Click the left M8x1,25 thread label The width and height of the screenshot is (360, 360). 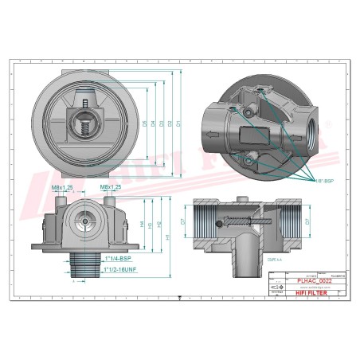[x=61, y=188]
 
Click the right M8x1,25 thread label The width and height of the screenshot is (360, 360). [x=111, y=188]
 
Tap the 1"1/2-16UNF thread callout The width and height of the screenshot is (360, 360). [x=122, y=271]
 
